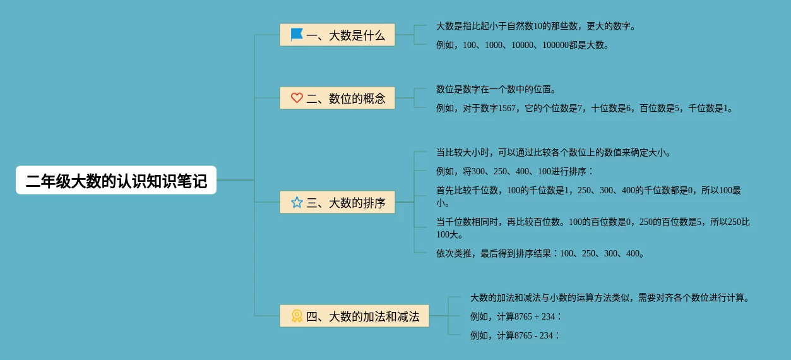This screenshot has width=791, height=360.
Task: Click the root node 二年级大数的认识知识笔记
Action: coord(116,181)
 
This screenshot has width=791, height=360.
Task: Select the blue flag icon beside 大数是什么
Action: coord(297,35)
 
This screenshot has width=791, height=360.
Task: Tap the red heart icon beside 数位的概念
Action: coord(297,98)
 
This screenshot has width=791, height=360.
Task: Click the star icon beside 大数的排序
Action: coord(297,203)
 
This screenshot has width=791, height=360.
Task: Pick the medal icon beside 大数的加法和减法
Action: coord(297,316)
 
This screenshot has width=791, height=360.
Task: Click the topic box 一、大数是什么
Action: coord(337,35)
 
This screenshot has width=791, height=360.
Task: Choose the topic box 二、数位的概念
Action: coord(337,98)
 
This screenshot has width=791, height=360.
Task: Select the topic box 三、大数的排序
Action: coord(337,203)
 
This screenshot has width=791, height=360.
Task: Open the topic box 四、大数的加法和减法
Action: coord(354,316)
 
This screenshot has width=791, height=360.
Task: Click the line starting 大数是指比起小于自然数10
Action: coord(535,27)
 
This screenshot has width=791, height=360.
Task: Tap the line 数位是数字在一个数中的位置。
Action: coord(496,90)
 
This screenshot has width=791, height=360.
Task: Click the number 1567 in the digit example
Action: coord(507,109)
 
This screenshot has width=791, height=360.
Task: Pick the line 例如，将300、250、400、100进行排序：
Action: coord(514,172)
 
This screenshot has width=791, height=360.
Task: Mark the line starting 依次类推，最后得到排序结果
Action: coord(540,254)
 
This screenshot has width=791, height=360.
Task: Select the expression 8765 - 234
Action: coord(533,336)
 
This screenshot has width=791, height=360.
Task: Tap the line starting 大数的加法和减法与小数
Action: coord(610,298)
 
